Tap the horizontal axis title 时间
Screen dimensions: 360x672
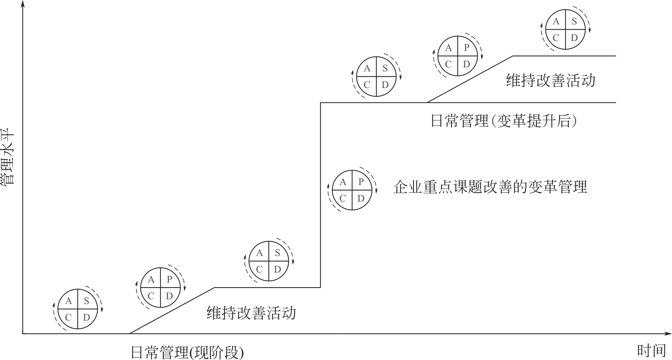pyautogui.click(x=651, y=351)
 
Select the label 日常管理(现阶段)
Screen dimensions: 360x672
pyautogui.click(x=187, y=352)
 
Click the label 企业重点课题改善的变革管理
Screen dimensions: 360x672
pyautogui.click(x=490, y=187)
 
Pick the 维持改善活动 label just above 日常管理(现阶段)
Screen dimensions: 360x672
pyautogui.click(x=251, y=312)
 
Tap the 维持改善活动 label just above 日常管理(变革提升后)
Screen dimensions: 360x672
pyautogui.click(x=550, y=80)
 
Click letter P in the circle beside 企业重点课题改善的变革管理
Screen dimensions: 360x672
pyautogui.click(x=361, y=182)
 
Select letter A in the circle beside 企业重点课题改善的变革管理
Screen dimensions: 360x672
pyautogui.click(x=343, y=182)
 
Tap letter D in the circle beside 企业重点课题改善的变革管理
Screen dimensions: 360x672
pyautogui.click(x=361, y=198)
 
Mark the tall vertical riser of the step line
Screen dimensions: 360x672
pyautogui.click(x=320, y=196)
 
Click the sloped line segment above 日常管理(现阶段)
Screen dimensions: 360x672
pyautogui.click(x=172, y=310)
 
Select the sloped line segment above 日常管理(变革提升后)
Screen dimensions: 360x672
pyautogui.click(x=470, y=79)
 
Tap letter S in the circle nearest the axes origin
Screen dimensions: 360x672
pyautogui.click(x=86, y=301)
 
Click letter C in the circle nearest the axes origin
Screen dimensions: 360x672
pyautogui.click(x=68, y=318)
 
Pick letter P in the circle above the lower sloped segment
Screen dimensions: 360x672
pyautogui.click(x=169, y=280)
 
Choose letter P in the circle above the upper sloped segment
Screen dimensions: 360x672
pyautogui.click(x=466, y=48)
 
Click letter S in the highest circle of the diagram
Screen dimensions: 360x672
pyautogui.click(x=574, y=22)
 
